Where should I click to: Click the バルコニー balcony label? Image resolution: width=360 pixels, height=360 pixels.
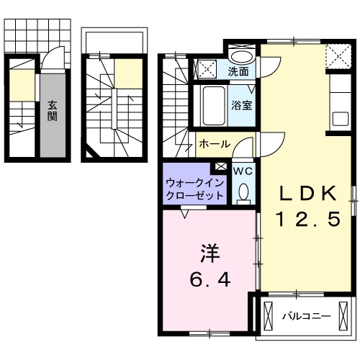(305, 315)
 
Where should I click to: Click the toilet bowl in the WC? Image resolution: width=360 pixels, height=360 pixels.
(243, 192)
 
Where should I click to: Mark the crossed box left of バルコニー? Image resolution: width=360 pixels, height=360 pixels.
(269, 315)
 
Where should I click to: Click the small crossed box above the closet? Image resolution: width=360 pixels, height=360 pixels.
(220, 167)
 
